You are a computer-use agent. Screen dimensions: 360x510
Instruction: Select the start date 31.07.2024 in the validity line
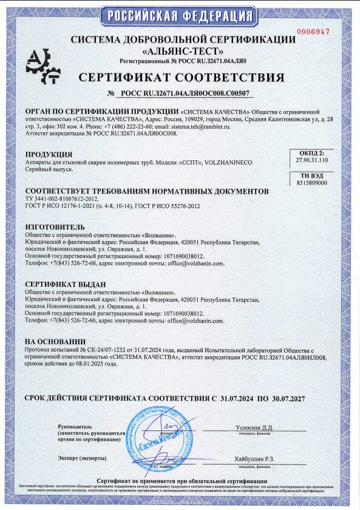tap(237, 399)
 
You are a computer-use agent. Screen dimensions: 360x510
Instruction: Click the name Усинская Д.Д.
tap(254, 428)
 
